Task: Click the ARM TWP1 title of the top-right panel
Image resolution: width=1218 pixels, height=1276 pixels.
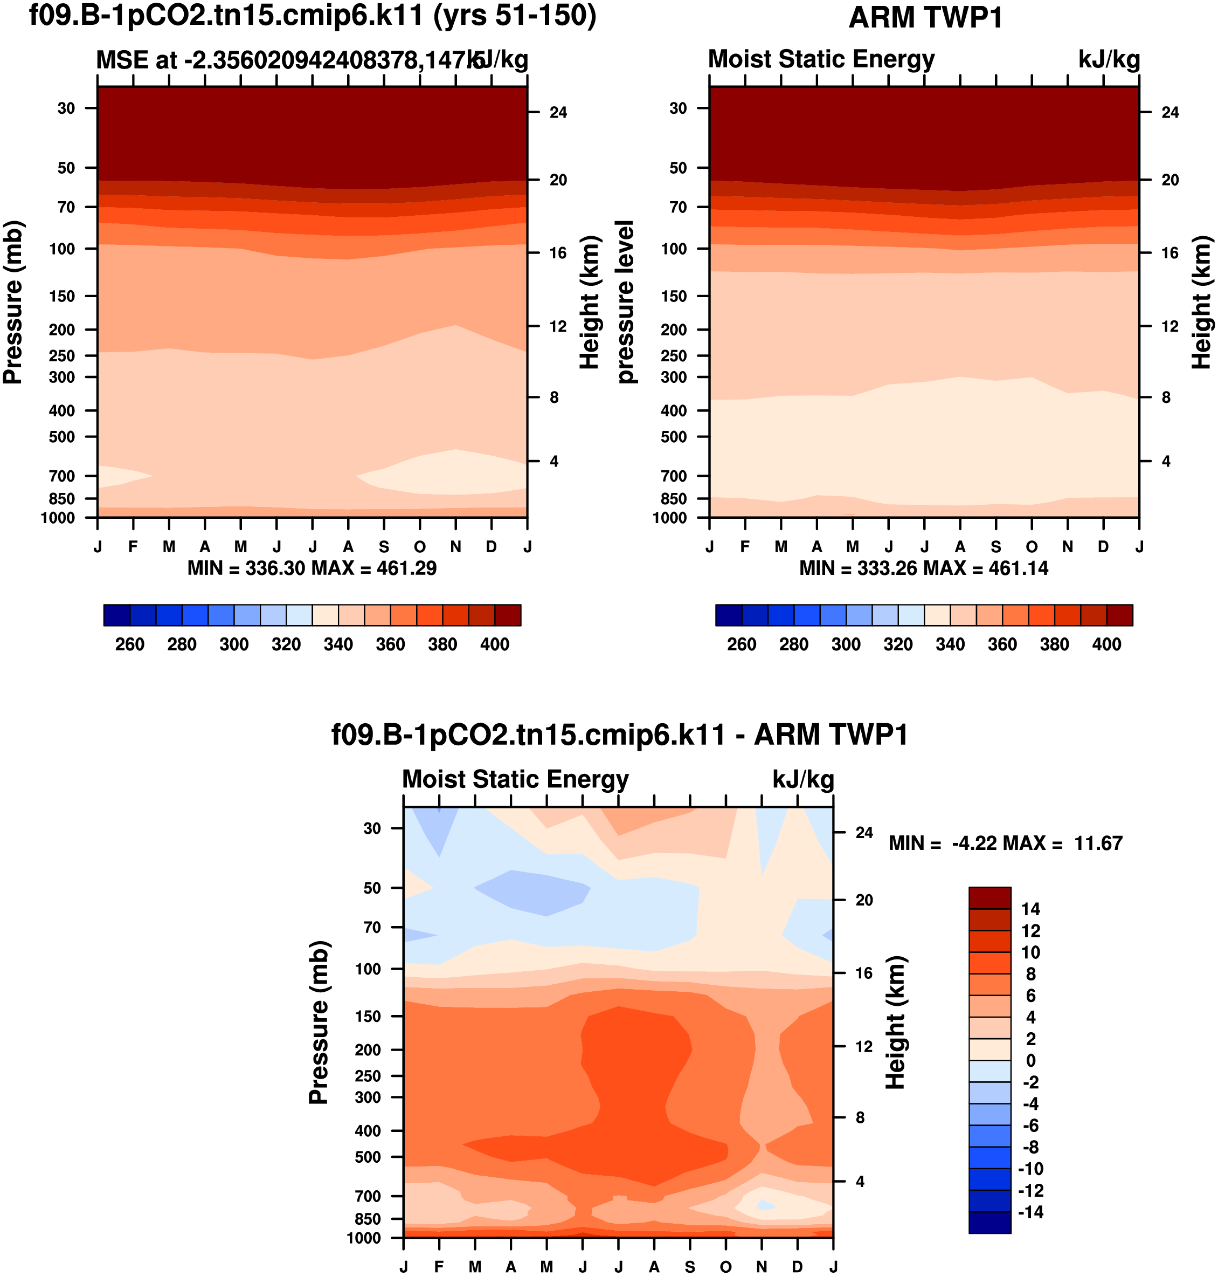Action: tap(925, 18)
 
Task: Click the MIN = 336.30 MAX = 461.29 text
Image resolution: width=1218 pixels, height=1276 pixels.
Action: tap(312, 568)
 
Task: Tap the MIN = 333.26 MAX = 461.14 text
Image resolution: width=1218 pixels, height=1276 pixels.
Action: tap(923, 568)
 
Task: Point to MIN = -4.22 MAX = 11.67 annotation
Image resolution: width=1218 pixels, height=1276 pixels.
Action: tap(1005, 843)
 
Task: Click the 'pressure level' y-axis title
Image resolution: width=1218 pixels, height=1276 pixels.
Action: tap(625, 301)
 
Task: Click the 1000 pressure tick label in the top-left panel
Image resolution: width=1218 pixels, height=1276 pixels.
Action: tap(58, 518)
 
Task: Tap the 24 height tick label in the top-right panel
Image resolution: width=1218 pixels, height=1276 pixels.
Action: tap(1170, 112)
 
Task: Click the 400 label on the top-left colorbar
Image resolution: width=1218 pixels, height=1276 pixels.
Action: tap(495, 644)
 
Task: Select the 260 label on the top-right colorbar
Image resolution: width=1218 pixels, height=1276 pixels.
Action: tap(742, 644)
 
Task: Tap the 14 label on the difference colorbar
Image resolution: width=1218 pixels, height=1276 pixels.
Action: tap(1030, 909)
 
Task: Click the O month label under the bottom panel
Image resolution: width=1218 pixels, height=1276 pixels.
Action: tap(726, 1266)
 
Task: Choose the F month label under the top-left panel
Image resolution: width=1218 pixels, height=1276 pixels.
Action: tap(133, 546)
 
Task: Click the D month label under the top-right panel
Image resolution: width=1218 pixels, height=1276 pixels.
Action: tap(1103, 546)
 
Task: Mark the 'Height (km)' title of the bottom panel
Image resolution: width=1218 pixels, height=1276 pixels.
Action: tap(895, 1022)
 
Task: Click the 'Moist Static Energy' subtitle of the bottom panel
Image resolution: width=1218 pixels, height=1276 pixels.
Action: tap(516, 779)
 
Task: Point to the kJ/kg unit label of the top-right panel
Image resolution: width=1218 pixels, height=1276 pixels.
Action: tap(1109, 60)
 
